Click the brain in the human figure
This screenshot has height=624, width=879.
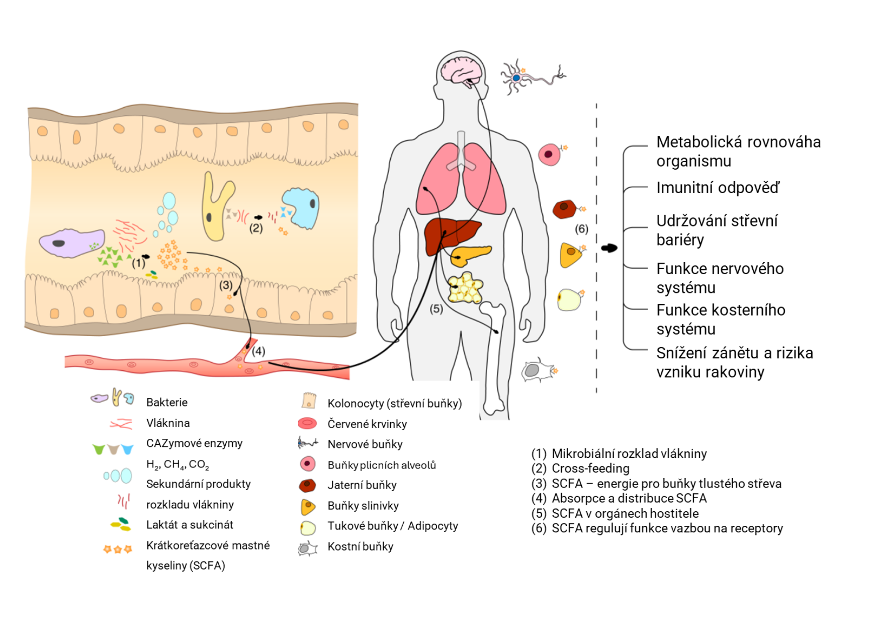coord(462,70)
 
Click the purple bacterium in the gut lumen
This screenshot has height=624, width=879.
coord(73,243)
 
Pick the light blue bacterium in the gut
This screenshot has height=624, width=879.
coord(301,207)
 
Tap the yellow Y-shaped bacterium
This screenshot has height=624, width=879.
coord(216,206)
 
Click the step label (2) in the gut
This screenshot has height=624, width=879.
coord(256,228)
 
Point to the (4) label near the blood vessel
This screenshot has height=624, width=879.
coord(258,351)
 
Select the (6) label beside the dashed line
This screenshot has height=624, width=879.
coord(581,229)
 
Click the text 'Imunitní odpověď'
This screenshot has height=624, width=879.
coord(718,188)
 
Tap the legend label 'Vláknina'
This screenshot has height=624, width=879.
coord(168,423)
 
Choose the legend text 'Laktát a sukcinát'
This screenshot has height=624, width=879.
coord(190,525)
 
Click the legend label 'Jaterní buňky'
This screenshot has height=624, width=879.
coord(362,485)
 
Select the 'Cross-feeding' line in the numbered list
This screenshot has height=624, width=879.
coord(590,469)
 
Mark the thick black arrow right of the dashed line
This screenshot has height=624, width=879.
coord(609,248)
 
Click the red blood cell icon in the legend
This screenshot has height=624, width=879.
coord(307,423)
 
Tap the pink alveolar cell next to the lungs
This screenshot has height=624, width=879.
coord(550,154)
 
